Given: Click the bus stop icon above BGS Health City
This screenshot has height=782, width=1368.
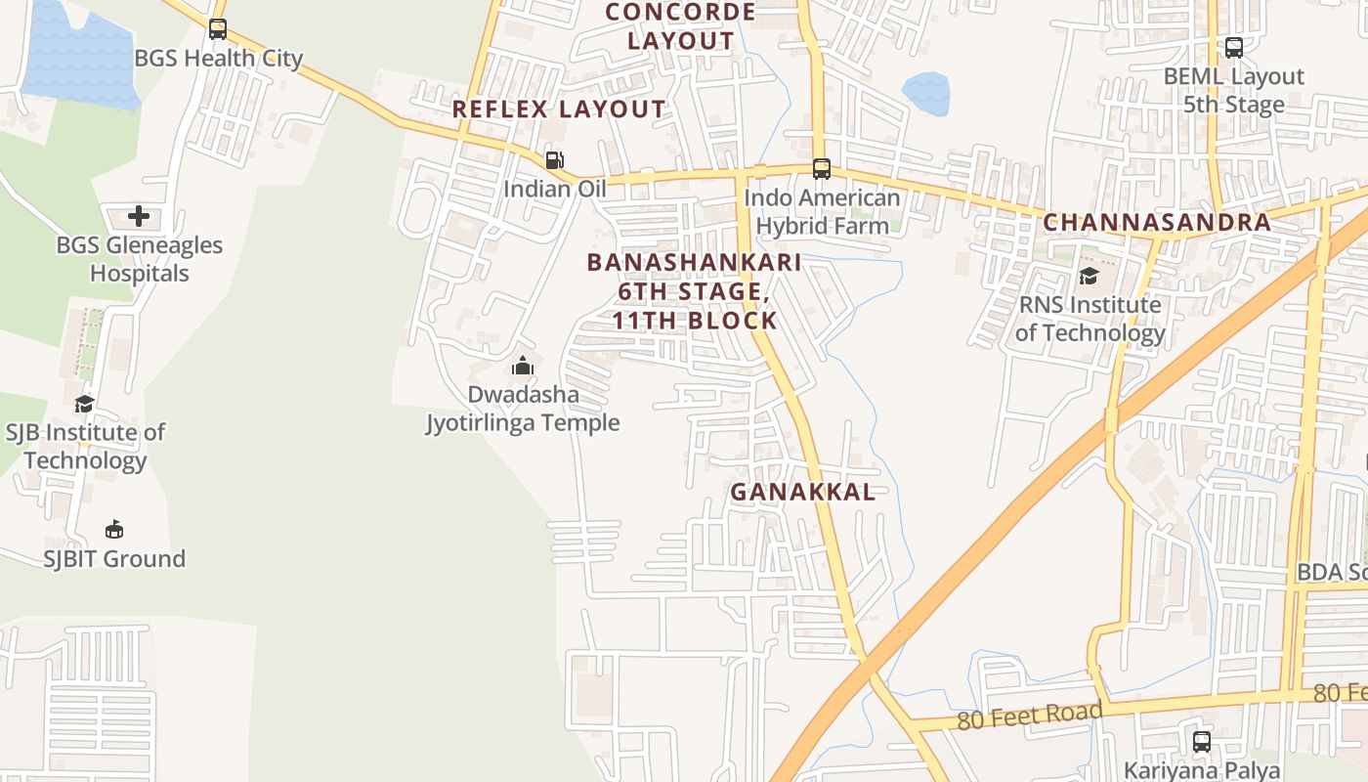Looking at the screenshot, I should tap(218, 29).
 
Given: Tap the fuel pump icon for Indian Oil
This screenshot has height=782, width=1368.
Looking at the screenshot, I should tap(554, 160).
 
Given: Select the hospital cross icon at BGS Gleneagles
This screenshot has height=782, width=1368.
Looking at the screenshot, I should tap(139, 216).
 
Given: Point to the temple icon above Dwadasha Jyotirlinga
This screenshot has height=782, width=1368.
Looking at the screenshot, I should tap(523, 367).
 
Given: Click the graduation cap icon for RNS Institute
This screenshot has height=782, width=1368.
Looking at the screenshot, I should tap(1089, 277).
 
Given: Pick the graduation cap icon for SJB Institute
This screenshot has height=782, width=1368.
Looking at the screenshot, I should tap(84, 404).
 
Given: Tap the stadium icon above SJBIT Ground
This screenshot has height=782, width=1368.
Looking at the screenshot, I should tap(114, 530).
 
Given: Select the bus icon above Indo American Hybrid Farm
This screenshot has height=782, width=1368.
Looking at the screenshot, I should tap(822, 169).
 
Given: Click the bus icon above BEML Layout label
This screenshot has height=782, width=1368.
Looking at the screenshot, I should tap(1234, 48).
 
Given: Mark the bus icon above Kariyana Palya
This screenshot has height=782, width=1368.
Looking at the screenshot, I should tap(1202, 742).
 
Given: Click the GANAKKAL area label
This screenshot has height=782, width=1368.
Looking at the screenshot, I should tap(803, 492).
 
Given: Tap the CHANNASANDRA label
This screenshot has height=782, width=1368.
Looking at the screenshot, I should tap(1157, 222).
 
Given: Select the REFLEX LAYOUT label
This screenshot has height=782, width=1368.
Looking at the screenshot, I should tap(559, 109).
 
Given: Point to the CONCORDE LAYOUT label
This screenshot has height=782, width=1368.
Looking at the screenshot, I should tap(681, 26).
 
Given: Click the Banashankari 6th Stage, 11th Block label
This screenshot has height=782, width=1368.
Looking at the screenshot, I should tap(695, 291).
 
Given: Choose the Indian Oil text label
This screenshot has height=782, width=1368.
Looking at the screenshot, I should tap(555, 189).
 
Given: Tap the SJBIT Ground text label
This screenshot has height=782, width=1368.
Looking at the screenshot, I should tap(114, 559).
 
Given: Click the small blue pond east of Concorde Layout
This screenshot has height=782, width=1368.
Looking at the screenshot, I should tap(925, 93).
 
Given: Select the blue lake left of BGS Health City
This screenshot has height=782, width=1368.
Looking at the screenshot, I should tap(78, 54).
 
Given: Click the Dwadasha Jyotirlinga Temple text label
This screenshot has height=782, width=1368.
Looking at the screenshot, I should tap(523, 409).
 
